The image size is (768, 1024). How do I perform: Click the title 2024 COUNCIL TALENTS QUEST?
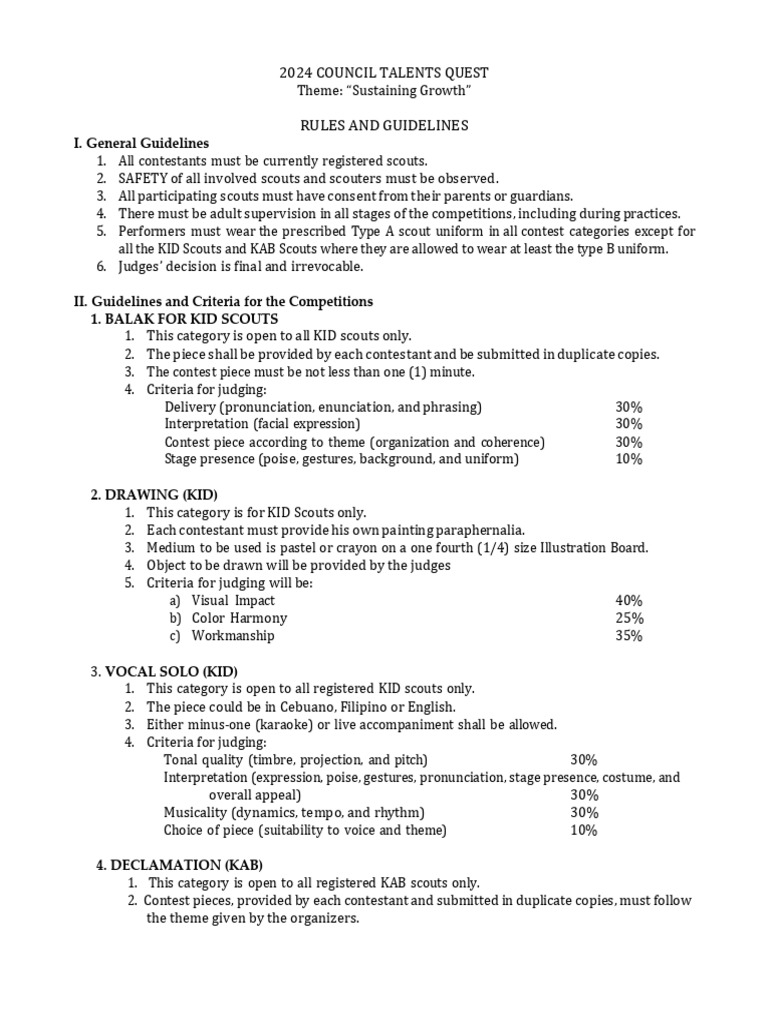384,74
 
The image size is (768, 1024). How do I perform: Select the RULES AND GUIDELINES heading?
384,125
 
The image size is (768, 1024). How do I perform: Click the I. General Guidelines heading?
141,143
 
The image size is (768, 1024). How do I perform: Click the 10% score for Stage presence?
629,459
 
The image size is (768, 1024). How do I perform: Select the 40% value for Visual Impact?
629,600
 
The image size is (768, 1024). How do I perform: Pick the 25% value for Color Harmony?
629,618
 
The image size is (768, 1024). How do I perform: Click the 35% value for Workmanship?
629,635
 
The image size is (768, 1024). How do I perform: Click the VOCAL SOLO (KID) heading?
172,671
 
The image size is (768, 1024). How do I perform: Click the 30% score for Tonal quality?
584,759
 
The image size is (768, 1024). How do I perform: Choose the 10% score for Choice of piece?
584,830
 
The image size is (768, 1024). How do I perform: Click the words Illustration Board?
593,547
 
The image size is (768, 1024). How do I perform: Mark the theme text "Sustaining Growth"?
413,91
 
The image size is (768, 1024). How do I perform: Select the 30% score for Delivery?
629,407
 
